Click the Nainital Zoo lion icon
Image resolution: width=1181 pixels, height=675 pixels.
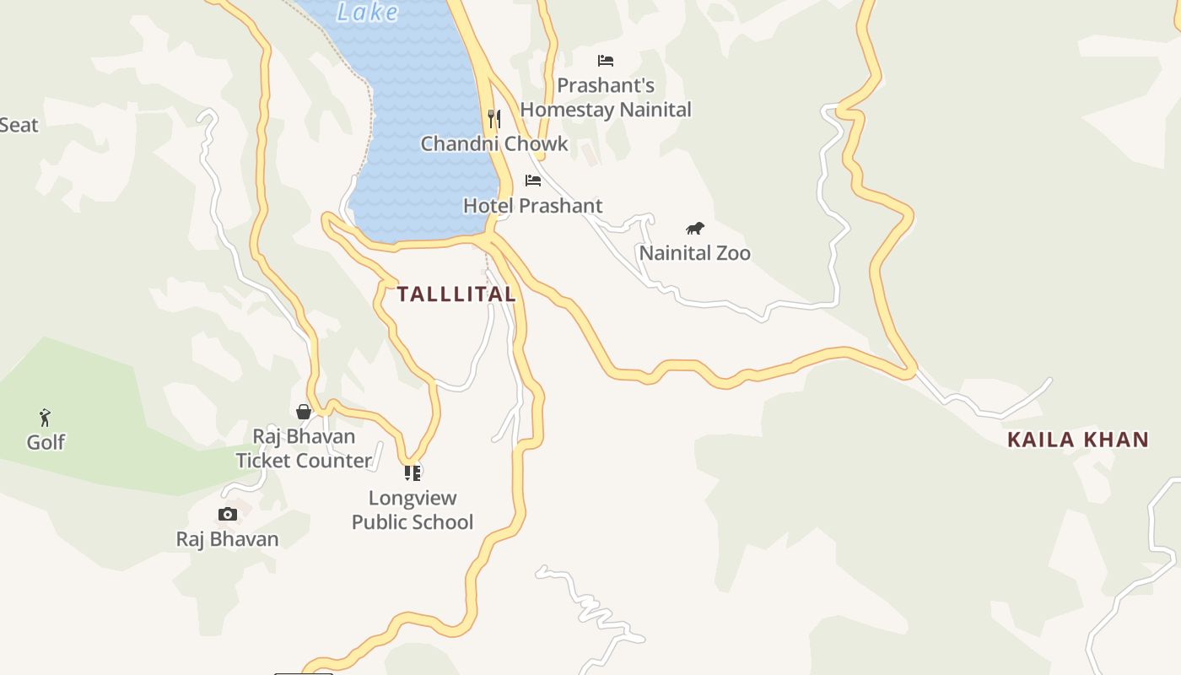click(695, 228)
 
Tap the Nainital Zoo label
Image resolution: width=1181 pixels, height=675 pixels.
click(694, 253)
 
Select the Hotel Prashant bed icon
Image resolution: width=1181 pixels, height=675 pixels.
click(533, 181)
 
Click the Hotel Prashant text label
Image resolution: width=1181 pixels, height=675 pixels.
click(532, 206)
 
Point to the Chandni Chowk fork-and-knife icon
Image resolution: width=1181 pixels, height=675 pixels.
click(494, 118)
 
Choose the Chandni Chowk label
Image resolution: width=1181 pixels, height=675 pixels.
click(494, 143)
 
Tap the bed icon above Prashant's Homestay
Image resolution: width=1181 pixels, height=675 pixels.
click(606, 61)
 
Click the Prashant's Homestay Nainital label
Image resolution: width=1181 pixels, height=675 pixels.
click(606, 98)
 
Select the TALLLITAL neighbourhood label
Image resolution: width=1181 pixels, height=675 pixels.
click(456, 294)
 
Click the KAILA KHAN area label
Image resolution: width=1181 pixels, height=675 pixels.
click(1078, 440)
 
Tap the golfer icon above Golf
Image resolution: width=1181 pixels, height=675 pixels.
click(45, 418)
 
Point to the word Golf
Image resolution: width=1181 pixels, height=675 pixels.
click(46, 442)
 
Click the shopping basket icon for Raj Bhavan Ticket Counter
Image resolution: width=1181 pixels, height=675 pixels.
click(304, 412)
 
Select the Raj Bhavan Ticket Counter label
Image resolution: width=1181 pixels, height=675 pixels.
click(304, 449)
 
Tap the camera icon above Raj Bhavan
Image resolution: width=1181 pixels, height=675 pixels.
click(227, 514)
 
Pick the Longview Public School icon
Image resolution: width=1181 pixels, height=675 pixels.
click(412, 472)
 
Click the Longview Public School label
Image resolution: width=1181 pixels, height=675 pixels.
click(413, 510)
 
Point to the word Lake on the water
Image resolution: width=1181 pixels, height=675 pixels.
click(367, 12)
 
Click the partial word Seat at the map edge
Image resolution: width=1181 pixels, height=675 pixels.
click(19, 126)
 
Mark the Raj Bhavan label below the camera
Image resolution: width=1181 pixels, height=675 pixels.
click(227, 539)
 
